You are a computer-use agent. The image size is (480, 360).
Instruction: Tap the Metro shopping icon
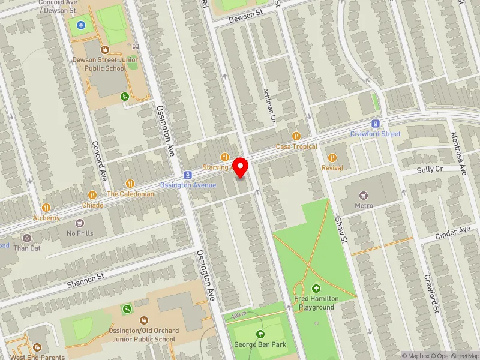tap(362, 195)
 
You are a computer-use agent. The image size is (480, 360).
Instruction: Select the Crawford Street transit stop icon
tap(376, 124)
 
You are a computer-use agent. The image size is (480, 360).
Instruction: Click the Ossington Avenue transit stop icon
tap(188, 175)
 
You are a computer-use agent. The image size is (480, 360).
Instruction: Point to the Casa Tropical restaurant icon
tap(295, 136)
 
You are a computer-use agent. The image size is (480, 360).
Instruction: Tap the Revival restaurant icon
tap(332, 158)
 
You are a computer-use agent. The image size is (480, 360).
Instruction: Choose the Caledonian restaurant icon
tap(130, 184)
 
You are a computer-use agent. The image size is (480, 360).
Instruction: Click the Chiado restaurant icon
tap(92, 194)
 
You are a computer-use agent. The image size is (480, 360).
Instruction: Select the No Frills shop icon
tap(80, 223)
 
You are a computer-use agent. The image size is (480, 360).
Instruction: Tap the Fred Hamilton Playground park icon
tap(316, 289)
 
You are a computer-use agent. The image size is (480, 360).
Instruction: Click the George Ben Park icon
tap(260, 334)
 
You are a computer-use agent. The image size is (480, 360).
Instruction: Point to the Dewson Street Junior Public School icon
tap(104, 50)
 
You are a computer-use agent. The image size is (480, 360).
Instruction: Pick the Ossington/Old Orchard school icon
tap(143, 321)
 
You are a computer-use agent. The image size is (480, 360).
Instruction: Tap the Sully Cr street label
tap(430, 170)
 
